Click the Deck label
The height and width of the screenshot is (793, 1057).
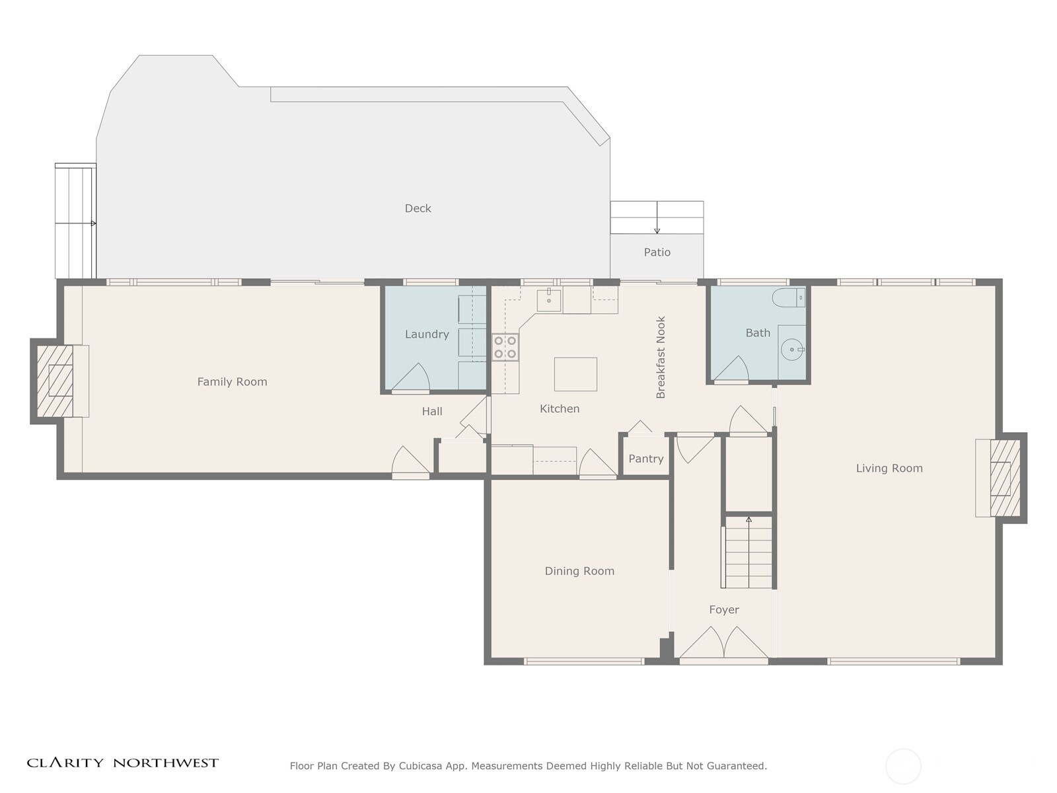click(418, 208)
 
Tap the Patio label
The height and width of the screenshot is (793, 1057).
click(657, 252)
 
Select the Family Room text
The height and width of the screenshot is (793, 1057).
click(232, 382)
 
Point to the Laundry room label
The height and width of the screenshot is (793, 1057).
click(427, 334)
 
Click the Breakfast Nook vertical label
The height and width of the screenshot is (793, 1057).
click(661, 358)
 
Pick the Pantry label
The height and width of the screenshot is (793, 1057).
click(645, 459)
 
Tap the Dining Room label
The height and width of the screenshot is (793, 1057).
click(579, 571)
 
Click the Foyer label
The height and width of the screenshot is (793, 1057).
click(724, 610)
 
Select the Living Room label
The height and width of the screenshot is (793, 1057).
click(889, 469)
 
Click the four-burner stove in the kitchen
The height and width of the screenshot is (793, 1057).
click(505, 347)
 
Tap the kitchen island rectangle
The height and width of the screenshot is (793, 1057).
click(575, 374)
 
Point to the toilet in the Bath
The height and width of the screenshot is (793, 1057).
click(788, 297)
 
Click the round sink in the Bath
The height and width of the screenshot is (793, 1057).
click(791, 350)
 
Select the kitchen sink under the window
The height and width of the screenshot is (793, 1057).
click(549, 301)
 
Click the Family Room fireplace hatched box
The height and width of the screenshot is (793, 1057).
click(55, 381)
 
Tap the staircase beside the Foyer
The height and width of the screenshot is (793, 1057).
click(748, 552)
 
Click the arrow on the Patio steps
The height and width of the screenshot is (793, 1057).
click(657, 217)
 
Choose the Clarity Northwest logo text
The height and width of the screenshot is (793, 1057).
click(122, 763)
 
